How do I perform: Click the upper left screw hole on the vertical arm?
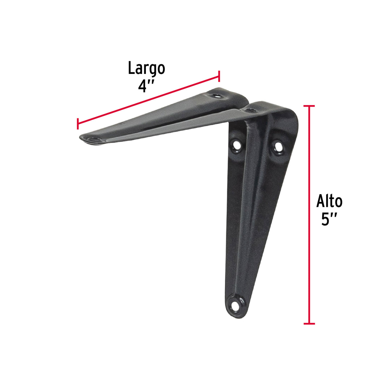237,145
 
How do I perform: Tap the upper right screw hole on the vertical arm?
278,146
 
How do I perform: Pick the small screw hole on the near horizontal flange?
250,110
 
